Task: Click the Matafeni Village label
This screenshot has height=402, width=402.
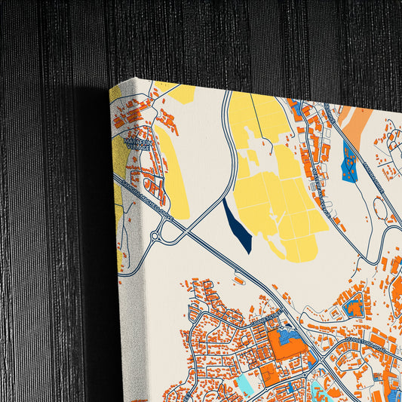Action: tap(137, 143)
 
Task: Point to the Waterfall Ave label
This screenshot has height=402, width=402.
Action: tap(318, 180)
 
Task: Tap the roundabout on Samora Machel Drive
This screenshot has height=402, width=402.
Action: tap(155, 236)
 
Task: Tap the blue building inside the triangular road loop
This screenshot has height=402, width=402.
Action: tap(351, 308)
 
